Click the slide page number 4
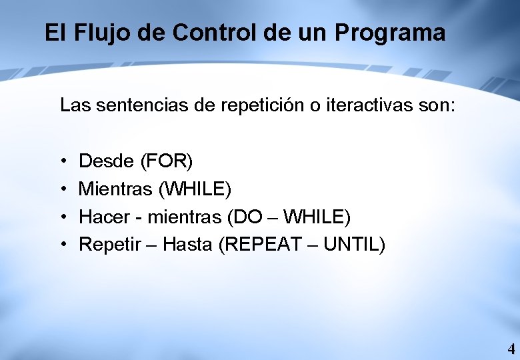[511, 348]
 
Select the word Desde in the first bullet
[106, 161]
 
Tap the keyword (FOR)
[166, 161]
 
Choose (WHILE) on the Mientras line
[195, 189]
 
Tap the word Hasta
[187, 245]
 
